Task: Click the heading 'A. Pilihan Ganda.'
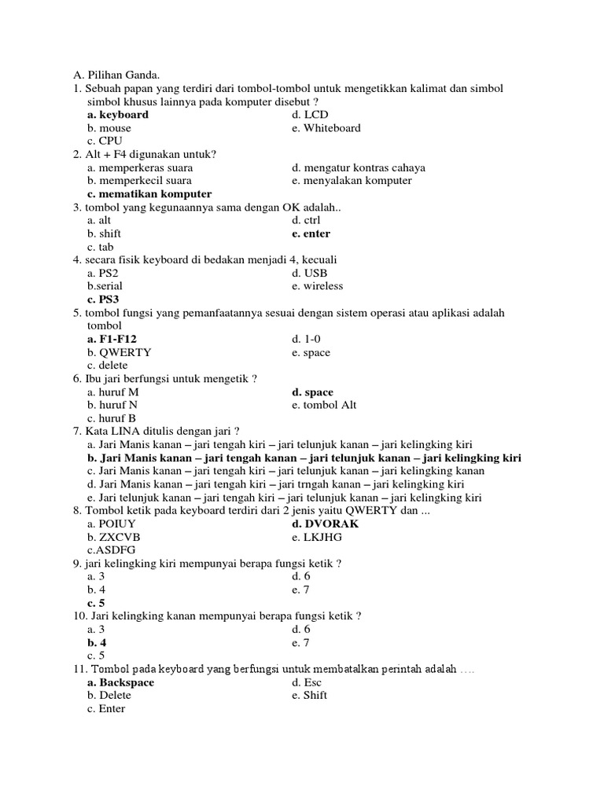point(116,75)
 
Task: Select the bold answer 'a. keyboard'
point(118,115)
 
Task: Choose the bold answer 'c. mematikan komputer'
point(149,194)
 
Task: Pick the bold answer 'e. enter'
point(311,233)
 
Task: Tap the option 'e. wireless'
point(317,286)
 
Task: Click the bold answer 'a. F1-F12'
point(117,340)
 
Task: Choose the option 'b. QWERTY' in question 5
point(120,352)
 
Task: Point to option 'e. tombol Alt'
point(323,405)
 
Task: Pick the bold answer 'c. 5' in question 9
point(96,603)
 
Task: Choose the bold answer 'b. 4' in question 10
point(97,642)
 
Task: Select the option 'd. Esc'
point(307,682)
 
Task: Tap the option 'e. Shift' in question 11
point(309,696)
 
